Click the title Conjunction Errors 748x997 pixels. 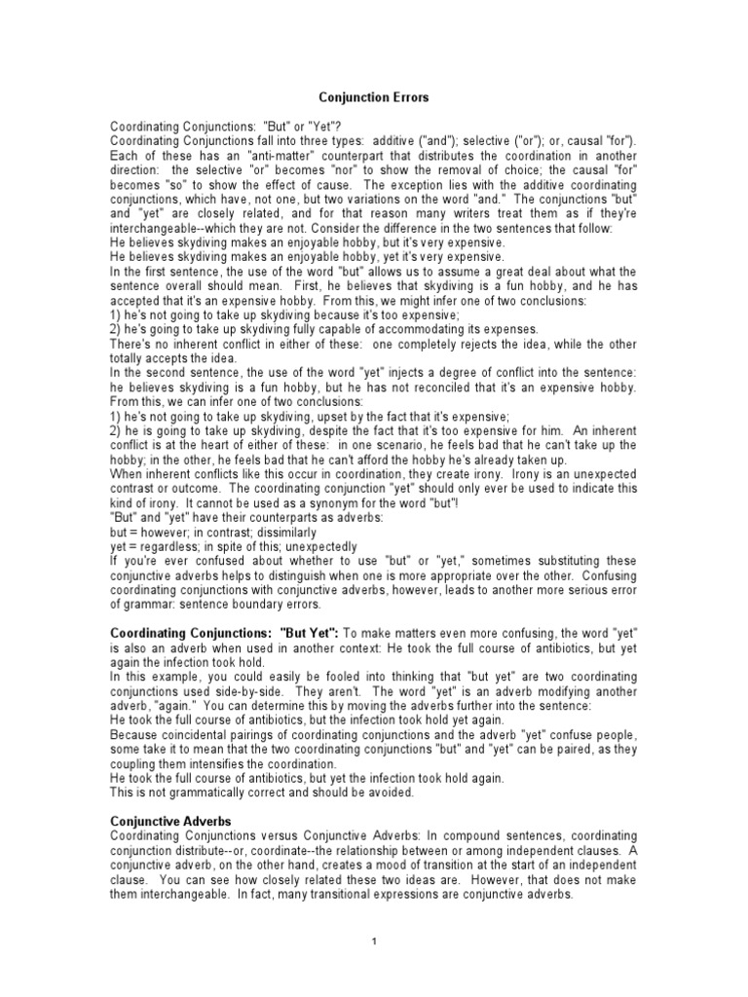(373, 97)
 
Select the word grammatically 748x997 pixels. (201, 792)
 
